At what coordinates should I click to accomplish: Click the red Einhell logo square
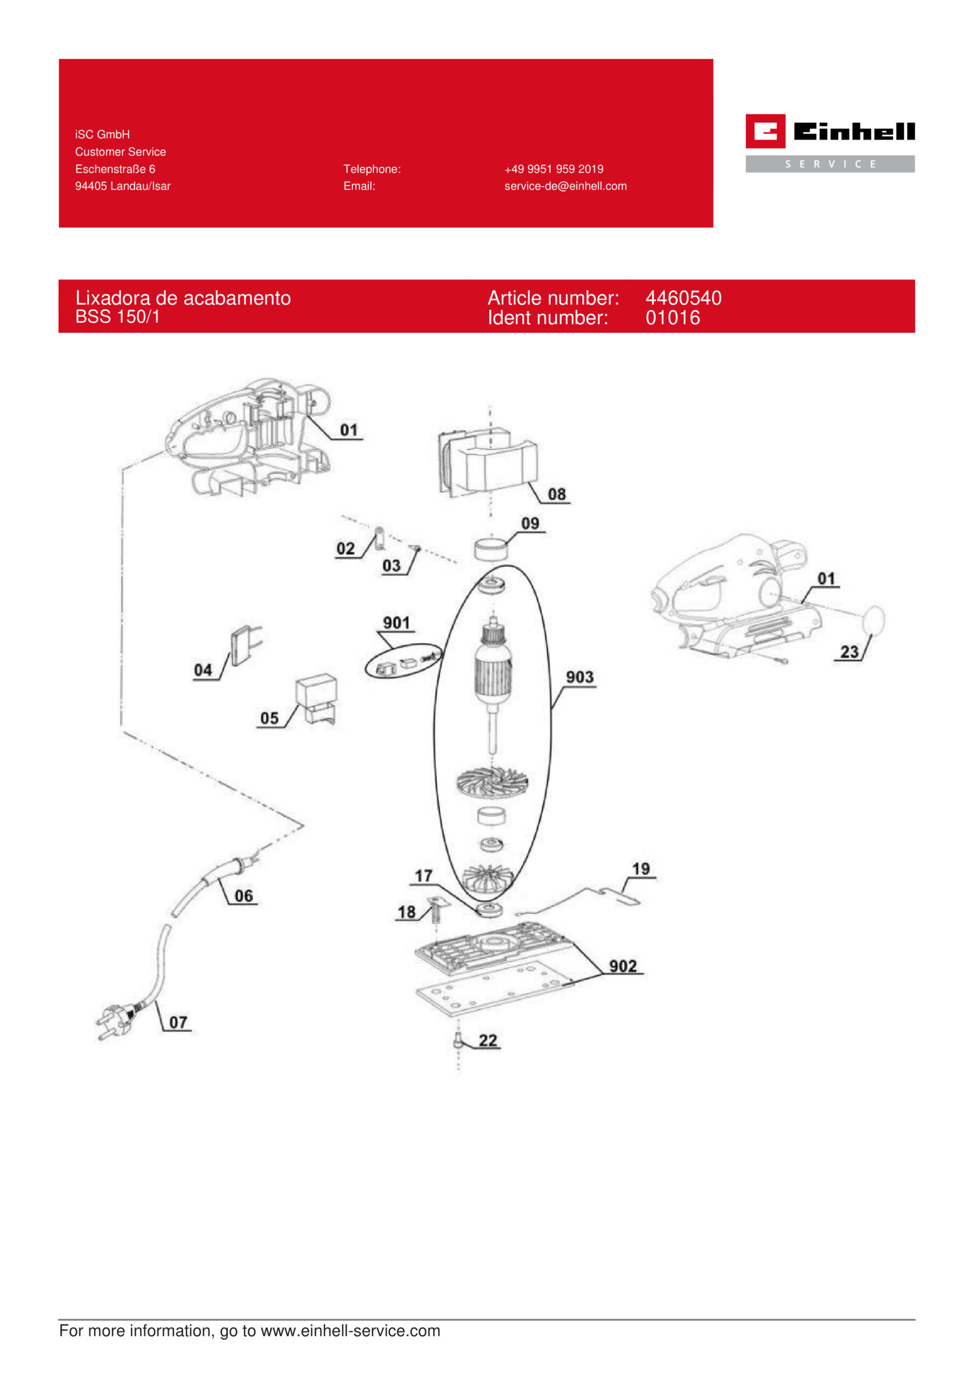pos(765,131)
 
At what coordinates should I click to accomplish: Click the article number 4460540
pos(683,298)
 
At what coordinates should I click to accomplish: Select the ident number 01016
pos(672,318)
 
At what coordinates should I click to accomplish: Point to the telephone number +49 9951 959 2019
pos(553,169)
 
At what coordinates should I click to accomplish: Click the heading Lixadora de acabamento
pos(183,298)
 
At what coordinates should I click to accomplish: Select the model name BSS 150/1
pos(118,317)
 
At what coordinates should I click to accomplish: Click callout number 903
pos(579,678)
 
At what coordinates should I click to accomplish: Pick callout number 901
pos(396,623)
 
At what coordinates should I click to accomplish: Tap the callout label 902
pos(623,966)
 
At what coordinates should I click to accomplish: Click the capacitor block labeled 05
pos(317,699)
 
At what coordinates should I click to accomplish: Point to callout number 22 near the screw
pos(488,1040)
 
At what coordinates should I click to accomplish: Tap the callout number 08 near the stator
pos(557,495)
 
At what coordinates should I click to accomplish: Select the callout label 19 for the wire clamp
pos(641,868)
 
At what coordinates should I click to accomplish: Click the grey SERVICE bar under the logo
pos(830,164)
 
